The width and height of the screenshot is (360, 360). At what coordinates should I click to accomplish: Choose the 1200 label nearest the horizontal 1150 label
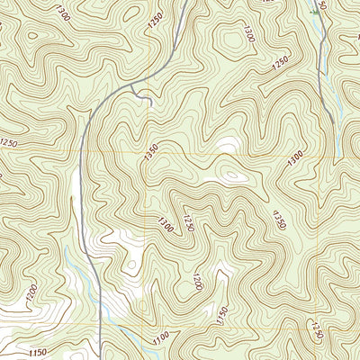click(32, 292)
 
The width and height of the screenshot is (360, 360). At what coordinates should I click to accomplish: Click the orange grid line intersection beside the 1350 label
click(145, 154)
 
